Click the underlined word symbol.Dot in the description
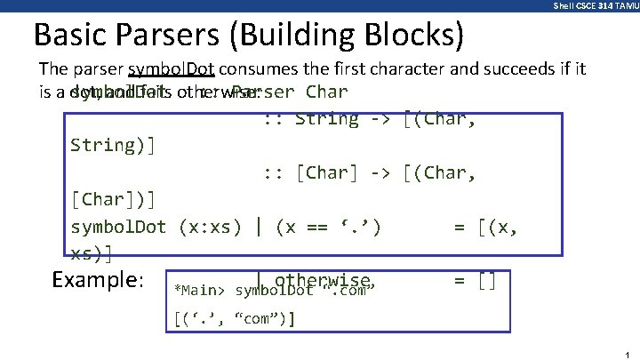[171, 69]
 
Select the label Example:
[98, 280]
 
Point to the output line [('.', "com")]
[235, 317]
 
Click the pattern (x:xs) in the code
[210, 227]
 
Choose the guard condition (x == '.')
[328, 227]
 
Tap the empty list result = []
[475, 282]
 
